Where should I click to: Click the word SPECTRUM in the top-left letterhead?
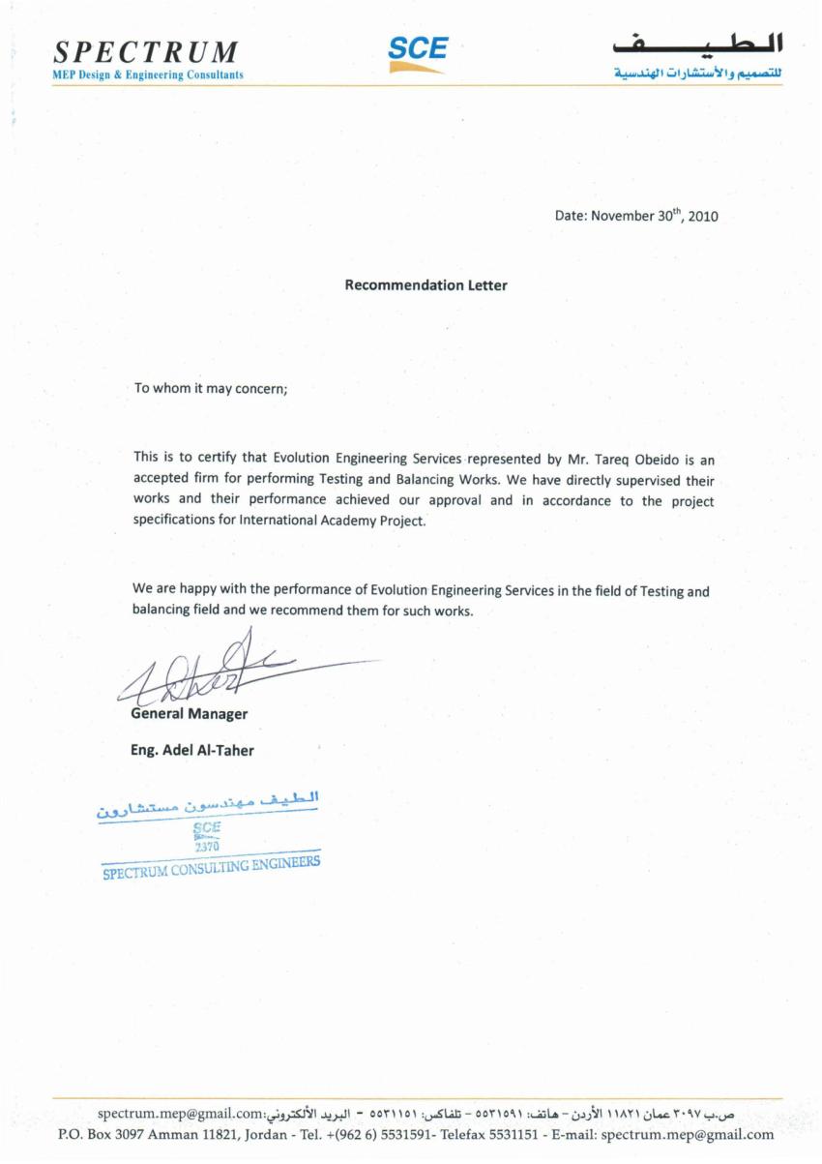145,51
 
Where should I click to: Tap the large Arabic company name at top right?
697,44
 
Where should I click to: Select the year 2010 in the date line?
703,217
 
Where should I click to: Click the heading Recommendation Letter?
426,285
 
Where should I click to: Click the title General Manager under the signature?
189,714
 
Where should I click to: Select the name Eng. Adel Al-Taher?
192,750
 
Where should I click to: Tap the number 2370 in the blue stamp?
207,847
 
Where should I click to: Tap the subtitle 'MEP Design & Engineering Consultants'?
148,75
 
